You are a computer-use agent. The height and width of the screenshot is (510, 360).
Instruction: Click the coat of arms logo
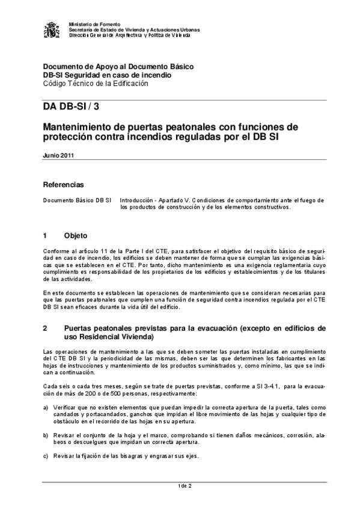[x=52, y=29]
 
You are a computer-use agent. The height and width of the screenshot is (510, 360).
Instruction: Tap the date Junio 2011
[x=58, y=155]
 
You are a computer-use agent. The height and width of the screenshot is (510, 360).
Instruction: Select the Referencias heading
[x=63, y=184]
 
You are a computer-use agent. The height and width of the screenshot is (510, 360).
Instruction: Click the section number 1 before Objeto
[x=45, y=235]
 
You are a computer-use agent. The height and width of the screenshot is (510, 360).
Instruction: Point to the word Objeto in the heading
[x=76, y=235]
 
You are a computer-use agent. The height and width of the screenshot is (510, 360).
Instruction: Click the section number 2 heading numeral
[x=45, y=329]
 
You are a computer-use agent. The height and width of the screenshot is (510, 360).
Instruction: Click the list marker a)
[x=46, y=408]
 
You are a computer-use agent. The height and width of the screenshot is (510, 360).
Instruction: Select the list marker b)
[x=46, y=434]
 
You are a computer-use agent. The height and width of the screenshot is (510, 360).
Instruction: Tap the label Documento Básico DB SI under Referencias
[x=77, y=199]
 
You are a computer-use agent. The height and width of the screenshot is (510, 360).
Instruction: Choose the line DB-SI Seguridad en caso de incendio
[x=107, y=75]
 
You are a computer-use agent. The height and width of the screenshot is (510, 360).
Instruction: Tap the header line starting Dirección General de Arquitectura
[x=130, y=35]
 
